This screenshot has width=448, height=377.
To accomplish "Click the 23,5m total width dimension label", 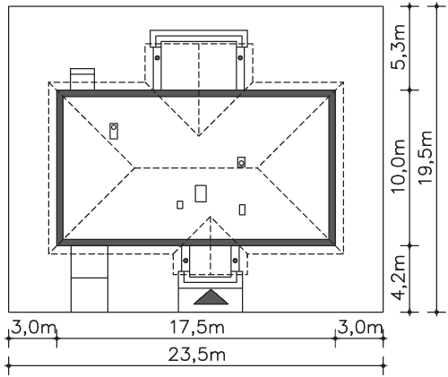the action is click(197, 356).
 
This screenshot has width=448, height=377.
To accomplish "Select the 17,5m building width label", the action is click(197, 328).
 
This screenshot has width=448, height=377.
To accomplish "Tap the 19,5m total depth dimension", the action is click(426, 158).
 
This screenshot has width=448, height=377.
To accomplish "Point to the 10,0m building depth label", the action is click(398, 166).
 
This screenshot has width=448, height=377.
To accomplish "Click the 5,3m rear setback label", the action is click(398, 47).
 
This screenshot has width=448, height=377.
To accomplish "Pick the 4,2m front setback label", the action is click(398, 278).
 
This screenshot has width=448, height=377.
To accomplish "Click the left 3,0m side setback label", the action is click(33, 328).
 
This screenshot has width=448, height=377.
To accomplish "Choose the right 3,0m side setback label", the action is click(360, 328).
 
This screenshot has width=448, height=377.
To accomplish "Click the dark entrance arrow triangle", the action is click(211, 297).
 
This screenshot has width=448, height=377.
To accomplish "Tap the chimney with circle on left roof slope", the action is click(114, 131).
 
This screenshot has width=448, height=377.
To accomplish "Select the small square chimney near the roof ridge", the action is click(241, 162).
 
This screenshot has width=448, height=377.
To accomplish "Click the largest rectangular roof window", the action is click(201, 193).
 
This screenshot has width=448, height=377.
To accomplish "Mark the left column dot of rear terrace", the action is click(157, 57).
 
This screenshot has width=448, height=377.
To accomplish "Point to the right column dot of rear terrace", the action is click(240, 57).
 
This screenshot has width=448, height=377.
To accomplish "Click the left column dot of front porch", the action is click(185, 261).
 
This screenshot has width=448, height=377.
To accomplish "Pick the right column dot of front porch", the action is click(235, 261).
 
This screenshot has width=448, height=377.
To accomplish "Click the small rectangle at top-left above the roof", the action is click(82, 79).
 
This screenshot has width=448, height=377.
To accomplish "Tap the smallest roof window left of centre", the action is click(180, 205).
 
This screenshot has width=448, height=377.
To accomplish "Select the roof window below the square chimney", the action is click(242, 210).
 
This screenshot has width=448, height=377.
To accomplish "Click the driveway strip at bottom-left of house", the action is click(90, 278).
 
